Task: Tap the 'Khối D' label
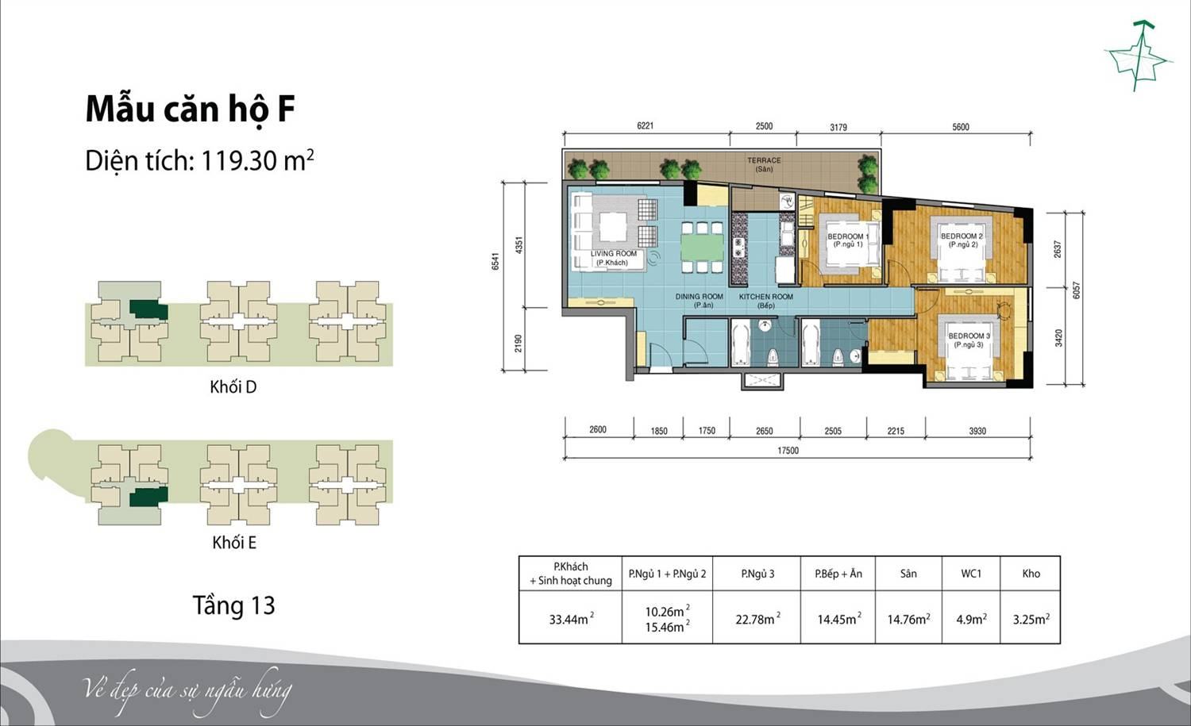(233, 387)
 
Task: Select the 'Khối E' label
(234, 543)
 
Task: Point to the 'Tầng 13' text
(234, 605)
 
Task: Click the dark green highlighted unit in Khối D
(149, 309)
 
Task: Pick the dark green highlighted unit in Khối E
(149, 497)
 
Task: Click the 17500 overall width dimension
(788, 451)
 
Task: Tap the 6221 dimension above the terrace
(645, 126)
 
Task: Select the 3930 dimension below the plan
(977, 431)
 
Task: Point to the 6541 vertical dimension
(495, 262)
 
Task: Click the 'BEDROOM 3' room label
(969, 336)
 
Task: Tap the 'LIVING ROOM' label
(614, 254)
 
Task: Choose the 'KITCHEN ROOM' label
(765, 297)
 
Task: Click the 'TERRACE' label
(764, 160)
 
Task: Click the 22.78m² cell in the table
(758, 619)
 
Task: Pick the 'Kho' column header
(1031, 574)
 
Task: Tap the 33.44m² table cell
(572, 619)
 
